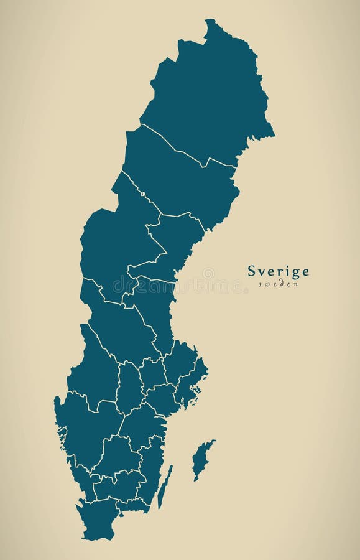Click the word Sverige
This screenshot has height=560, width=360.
pos(278,271)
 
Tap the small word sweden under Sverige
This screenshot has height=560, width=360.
pos(278,284)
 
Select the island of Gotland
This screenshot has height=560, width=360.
pos(201,459)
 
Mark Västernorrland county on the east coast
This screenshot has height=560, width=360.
pos(174,243)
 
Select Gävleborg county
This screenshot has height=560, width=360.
pos(152,305)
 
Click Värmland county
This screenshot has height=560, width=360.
pos(93,373)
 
